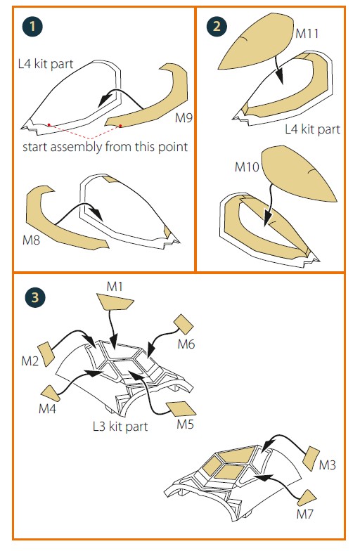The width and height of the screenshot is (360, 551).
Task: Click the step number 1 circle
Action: [x=32, y=26]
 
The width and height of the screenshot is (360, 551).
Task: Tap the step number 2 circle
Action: [x=217, y=26]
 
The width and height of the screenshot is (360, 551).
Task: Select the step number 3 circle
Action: [x=35, y=298]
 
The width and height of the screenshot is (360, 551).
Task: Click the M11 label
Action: [x=307, y=34]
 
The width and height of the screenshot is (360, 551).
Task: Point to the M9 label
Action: [x=184, y=118]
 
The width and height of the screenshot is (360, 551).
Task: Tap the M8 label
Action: [x=31, y=240]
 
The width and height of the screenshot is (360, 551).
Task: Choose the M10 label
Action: [x=247, y=167]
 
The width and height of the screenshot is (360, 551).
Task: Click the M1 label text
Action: [x=115, y=287]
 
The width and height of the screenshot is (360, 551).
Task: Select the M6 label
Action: [x=186, y=344]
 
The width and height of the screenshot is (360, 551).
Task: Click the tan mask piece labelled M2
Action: [x=46, y=354]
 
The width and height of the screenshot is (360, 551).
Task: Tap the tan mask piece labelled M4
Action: [x=51, y=394]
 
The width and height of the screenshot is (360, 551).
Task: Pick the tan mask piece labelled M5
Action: [x=181, y=408]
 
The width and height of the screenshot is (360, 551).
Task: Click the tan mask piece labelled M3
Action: [x=311, y=458]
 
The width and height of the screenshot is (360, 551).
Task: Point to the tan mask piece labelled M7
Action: [x=307, y=498]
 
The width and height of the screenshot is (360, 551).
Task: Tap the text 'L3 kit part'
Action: [x=120, y=427]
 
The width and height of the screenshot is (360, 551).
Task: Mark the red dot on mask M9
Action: [x=120, y=125]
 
